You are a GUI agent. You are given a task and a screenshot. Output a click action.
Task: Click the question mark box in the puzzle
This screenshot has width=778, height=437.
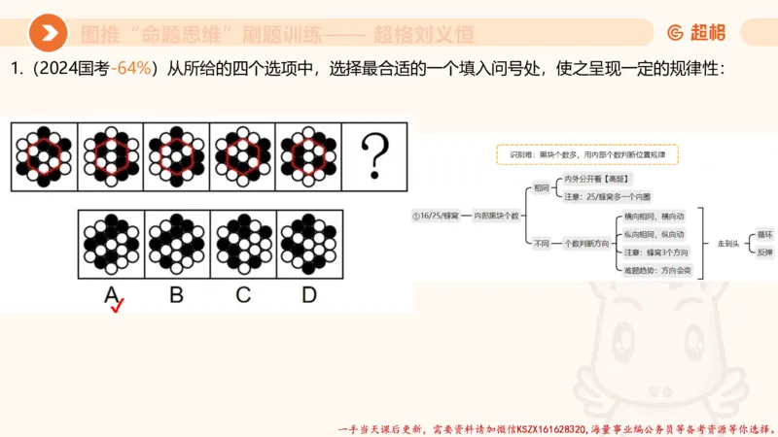pos(374,153)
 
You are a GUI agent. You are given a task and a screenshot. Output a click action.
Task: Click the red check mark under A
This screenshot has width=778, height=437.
pos(118,308)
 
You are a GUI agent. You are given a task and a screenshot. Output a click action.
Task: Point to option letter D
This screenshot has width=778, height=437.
pos(308,293)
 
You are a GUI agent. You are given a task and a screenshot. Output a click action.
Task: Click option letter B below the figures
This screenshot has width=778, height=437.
pos(176,293)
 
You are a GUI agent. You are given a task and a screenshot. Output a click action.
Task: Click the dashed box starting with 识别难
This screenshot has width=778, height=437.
pos(586,154)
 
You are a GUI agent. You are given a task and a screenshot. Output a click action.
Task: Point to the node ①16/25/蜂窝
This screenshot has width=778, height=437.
pos(435,215)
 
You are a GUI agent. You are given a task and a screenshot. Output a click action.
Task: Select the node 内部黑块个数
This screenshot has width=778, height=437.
pos(496,215)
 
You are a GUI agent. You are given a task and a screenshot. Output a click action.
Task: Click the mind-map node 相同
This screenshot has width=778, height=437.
pos(541,187)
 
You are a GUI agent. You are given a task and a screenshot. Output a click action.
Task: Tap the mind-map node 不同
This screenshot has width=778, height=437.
pos(541,243)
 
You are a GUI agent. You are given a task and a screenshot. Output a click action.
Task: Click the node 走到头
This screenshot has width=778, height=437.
pos(728,243)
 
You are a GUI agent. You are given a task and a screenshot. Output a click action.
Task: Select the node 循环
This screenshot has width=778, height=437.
pos(765,234)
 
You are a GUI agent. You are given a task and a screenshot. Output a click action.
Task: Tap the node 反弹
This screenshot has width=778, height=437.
pos(765,252)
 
